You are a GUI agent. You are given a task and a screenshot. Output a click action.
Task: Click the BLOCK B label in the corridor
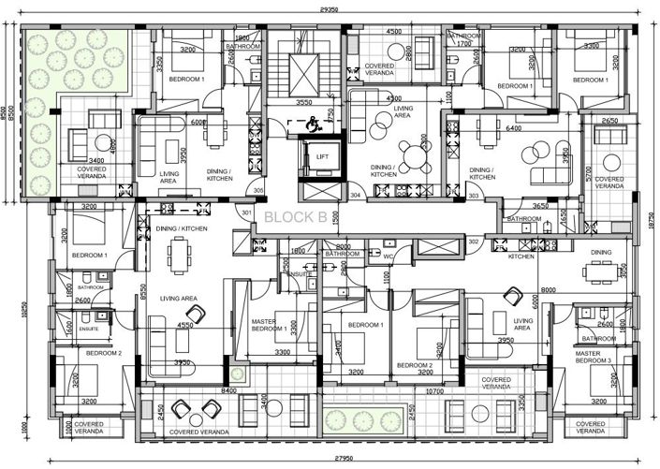pos(296,217)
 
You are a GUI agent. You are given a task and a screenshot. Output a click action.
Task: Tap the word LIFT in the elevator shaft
pos(322,156)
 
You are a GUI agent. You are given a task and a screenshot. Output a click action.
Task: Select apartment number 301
pos(246,213)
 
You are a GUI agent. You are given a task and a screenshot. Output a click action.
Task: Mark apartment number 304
pos(356,196)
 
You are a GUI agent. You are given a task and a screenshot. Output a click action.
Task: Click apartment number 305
pos(258,190)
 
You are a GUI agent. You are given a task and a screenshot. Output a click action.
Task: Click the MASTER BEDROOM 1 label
pos(270,326)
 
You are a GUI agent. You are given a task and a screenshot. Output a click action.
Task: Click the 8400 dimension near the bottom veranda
pos(228,390)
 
